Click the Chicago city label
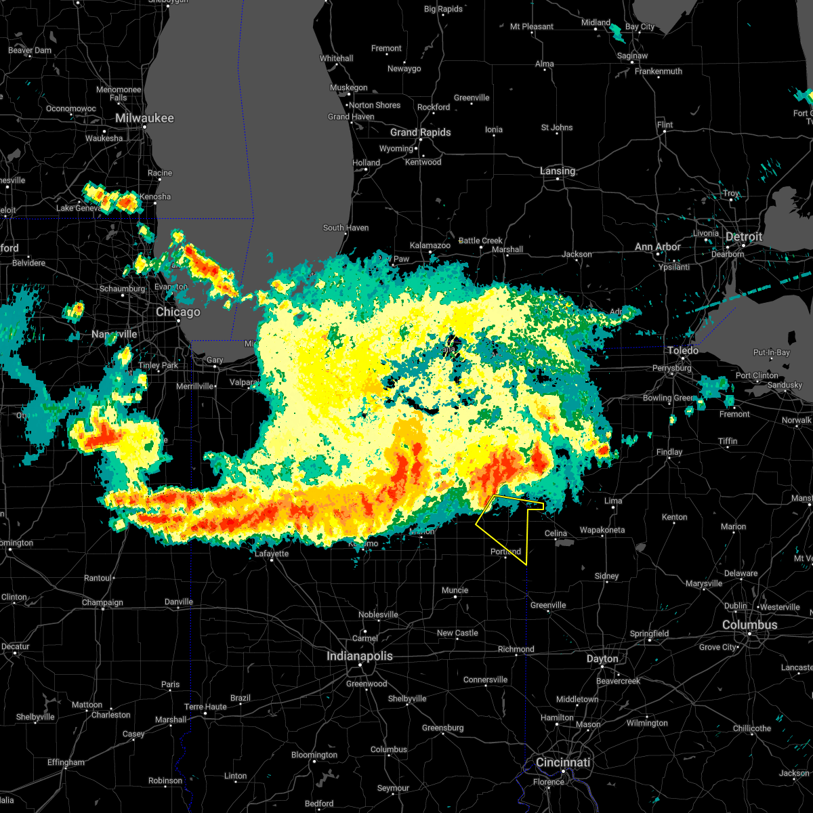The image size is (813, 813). click(178, 312)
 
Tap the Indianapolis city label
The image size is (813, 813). click(359, 656)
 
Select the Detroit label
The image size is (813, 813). click(743, 236)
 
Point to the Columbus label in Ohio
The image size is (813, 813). click(749, 625)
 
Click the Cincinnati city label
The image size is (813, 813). click(562, 762)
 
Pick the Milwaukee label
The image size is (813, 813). click(144, 118)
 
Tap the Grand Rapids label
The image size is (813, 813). click(420, 132)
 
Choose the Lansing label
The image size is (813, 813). click(558, 171)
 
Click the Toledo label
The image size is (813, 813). click(682, 350)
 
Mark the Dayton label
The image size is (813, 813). click(602, 659)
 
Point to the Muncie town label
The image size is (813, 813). click(455, 590)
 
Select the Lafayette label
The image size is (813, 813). click(271, 554)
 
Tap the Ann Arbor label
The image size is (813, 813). click(657, 247)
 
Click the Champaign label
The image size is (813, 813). click(103, 602)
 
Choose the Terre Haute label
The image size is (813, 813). click(205, 707)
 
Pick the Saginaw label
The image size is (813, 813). click(631, 56)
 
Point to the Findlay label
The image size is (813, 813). click(669, 452)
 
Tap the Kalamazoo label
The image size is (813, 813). click(430, 245)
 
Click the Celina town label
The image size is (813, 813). click(556, 533)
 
